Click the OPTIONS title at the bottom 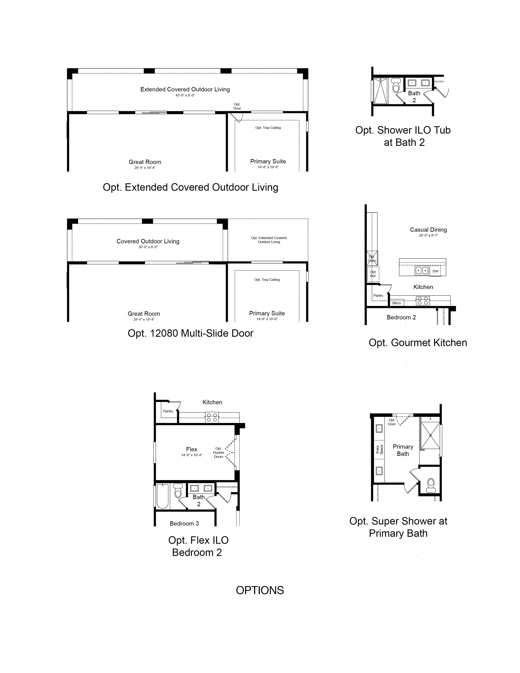point(260,590)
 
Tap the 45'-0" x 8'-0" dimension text point(185,95)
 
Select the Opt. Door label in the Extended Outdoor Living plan point(237,106)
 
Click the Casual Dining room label point(428,230)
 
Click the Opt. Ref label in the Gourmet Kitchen point(373,274)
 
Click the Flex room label point(192,449)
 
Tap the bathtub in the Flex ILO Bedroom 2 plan point(163,496)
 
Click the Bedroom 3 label point(184,524)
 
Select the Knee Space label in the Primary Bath point(379,449)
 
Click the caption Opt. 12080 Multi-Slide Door point(190,333)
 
